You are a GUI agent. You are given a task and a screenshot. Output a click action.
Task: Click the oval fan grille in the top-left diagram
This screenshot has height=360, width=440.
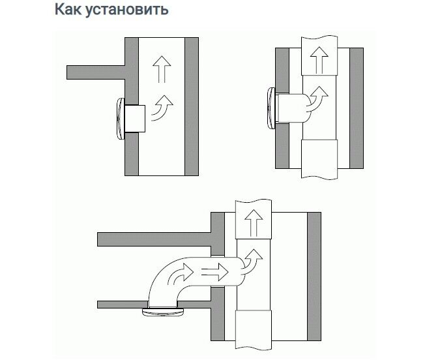point(121,118)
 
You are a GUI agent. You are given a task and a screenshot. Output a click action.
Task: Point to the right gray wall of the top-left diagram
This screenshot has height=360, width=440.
point(192,106)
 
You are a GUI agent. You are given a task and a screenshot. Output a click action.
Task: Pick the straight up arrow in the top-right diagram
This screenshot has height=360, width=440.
point(319,60)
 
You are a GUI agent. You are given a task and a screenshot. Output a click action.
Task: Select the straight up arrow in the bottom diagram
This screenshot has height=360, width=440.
point(251,226)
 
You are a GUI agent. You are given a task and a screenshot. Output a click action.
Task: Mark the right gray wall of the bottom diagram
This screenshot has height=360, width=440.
point(314,275)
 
